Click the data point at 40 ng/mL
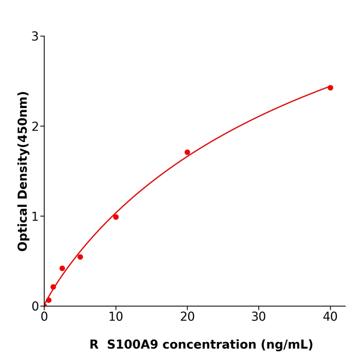tap(330, 88)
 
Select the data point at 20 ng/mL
tap(187, 152)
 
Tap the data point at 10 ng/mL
tap(116, 217)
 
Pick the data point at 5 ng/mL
tap(80, 257)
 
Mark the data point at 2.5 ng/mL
tap(62, 268)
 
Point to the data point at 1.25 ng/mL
tap(53, 287)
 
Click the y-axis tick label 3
tap(35, 37)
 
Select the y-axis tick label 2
tap(35, 127)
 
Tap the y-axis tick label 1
tap(35, 217)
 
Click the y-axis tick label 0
tap(35, 307)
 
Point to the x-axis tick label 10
tap(116, 317)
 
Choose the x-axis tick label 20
tap(187, 317)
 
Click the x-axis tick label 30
tap(259, 317)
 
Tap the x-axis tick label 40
tap(330, 317)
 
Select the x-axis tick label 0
tap(44, 317)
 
